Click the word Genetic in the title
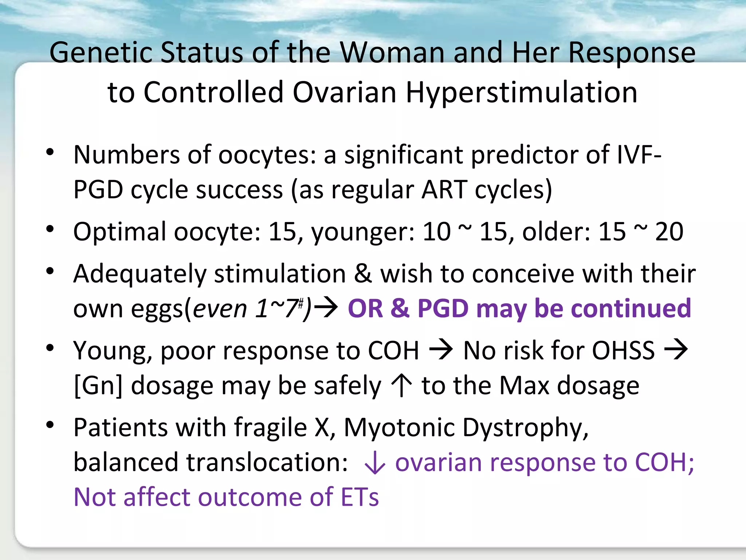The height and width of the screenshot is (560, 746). tap(101, 53)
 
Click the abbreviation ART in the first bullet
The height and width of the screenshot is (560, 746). tap(444, 190)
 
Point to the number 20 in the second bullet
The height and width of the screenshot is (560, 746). tap(669, 232)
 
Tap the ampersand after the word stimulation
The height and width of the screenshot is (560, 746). tap(363, 273)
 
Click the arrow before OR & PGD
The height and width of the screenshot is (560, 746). tap(326, 308)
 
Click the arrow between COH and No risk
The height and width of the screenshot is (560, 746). tap(441, 350)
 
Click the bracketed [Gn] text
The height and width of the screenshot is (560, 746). tap(98, 386)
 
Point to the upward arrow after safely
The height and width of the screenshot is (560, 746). tap(401, 386)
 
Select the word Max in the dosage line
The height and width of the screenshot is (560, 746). tap(524, 386)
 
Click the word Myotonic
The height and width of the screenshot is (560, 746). tap(398, 427)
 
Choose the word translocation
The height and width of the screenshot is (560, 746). tap(267, 462)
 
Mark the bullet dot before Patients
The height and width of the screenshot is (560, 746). tap(50, 425)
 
